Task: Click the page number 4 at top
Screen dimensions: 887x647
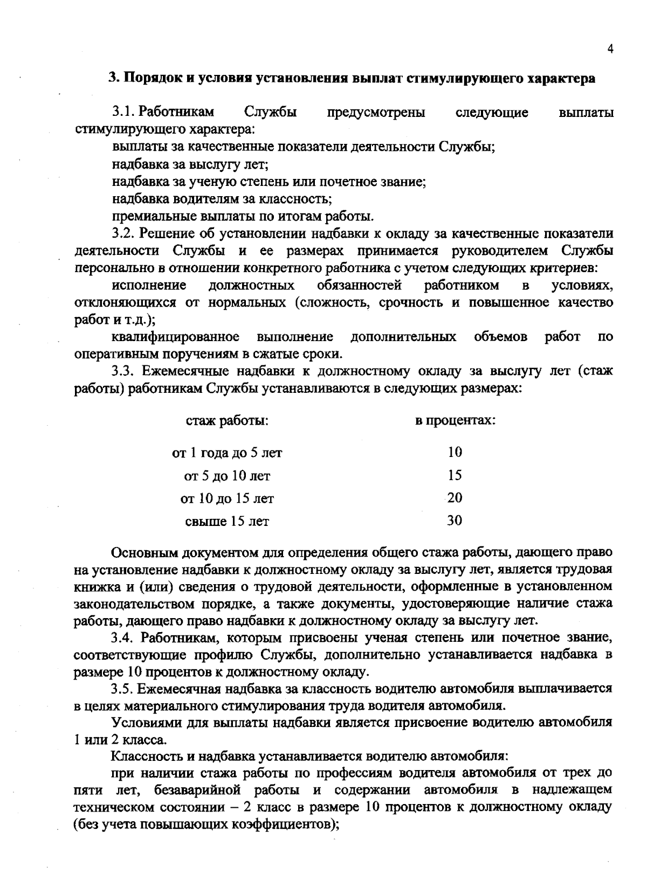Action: tap(610, 49)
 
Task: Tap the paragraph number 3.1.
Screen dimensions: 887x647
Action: tap(123, 112)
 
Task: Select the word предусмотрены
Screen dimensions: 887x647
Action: tap(376, 112)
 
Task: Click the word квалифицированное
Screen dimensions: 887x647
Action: tap(176, 337)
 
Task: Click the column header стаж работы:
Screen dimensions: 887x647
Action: tap(227, 420)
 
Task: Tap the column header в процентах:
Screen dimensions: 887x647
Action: tap(455, 420)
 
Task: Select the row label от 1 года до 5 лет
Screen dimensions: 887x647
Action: tap(227, 453)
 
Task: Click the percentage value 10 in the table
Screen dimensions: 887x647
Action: tap(455, 452)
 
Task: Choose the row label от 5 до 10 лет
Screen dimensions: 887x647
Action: tap(227, 476)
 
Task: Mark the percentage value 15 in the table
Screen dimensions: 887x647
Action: tap(455, 475)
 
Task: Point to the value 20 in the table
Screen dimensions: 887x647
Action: tap(455, 498)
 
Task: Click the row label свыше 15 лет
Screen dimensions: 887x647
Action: tap(227, 522)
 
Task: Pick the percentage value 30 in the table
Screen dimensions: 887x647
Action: tap(455, 521)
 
